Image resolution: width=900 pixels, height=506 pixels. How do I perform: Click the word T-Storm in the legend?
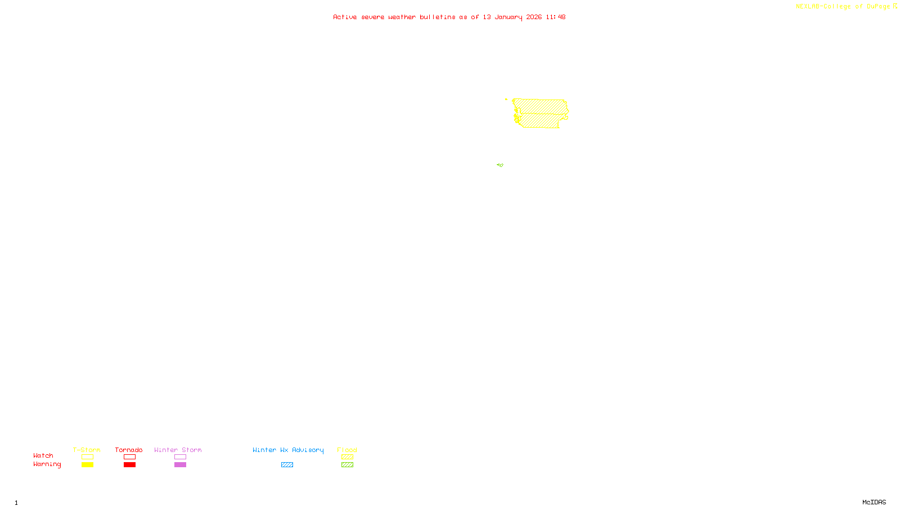tap(87, 450)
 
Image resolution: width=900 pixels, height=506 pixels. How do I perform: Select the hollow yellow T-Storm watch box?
tap(87, 457)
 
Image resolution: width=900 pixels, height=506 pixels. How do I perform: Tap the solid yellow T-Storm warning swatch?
tap(87, 465)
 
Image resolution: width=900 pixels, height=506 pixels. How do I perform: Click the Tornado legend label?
tap(129, 450)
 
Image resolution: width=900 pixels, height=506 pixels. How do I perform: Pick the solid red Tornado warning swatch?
tap(129, 465)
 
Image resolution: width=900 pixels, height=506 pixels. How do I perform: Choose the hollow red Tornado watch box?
tap(129, 457)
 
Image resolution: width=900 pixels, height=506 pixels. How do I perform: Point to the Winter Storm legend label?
tap(178, 450)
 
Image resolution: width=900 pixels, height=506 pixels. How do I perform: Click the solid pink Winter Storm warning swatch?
tap(180, 465)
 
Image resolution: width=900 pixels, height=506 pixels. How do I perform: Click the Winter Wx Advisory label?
tap(288, 450)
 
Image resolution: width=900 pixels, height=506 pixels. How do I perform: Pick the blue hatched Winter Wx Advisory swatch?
tap(287, 465)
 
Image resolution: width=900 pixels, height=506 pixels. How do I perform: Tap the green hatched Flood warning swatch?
tap(347, 465)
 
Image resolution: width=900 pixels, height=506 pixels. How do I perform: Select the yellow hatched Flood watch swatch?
tap(347, 457)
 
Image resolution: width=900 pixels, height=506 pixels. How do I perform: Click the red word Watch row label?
tap(43, 455)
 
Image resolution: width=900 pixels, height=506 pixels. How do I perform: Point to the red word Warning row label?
tap(47, 464)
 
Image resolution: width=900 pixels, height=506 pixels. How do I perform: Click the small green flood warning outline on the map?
tap(500, 165)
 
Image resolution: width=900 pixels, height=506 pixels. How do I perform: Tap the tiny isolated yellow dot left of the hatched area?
tap(506, 100)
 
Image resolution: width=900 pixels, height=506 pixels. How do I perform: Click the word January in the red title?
tap(508, 17)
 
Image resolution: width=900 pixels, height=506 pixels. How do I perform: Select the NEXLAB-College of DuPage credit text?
tap(843, 7)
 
